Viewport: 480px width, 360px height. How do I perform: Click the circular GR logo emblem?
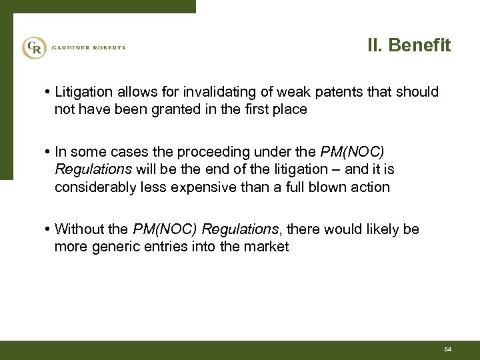pyautogui.click(x=33, y=47)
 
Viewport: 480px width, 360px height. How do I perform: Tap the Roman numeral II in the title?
pyautogui.click(x=376, y=46)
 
